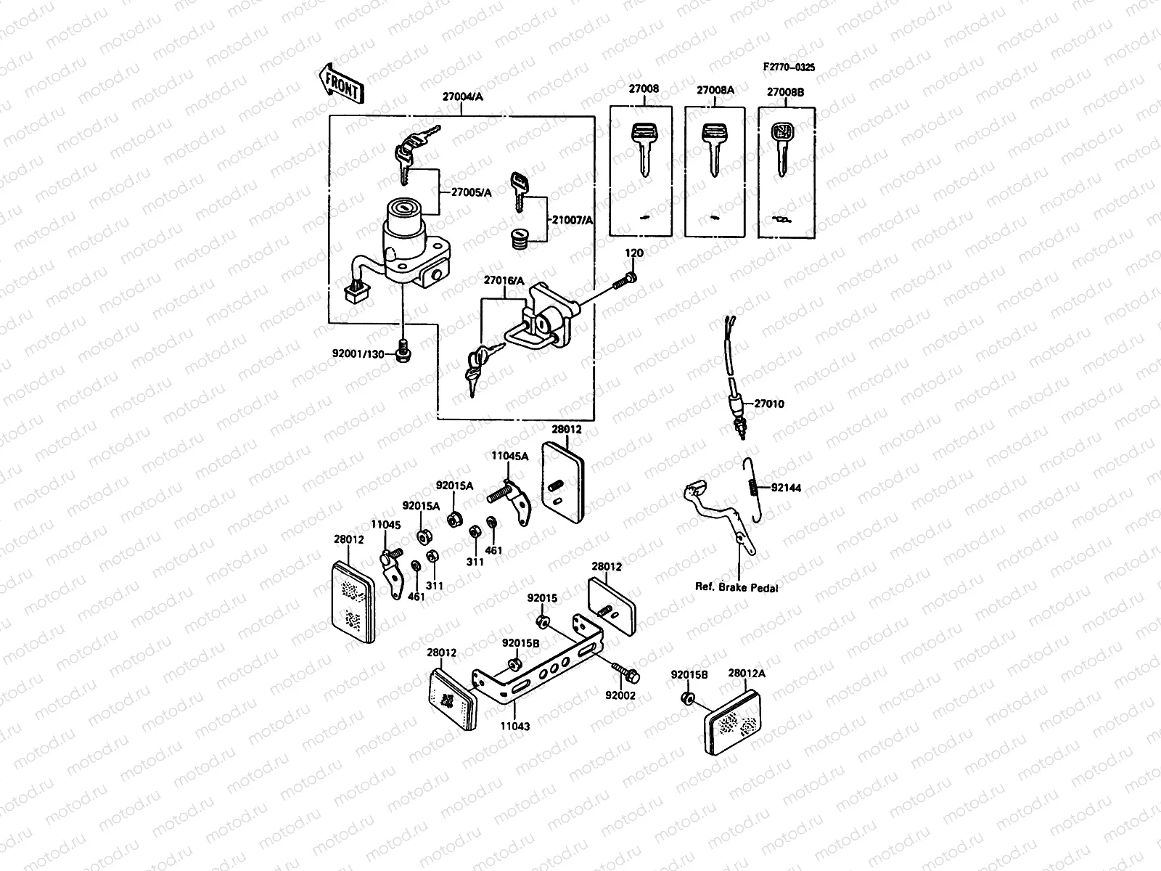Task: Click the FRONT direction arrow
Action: pos(340,82)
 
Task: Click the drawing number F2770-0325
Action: pos(789,68)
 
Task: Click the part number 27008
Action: pos(644,90)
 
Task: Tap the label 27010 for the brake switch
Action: pos(768,404)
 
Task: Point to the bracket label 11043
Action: pos(514,725)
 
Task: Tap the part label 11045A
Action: pos(509,456)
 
